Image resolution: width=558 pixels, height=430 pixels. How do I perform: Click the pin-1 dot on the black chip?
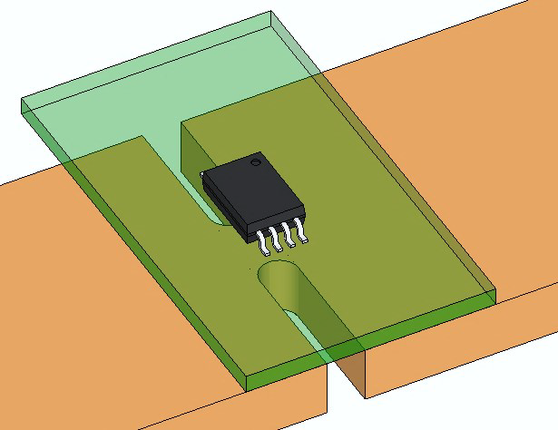pos(257,163)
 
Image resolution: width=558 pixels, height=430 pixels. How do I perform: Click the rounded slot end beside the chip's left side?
pos(215,217)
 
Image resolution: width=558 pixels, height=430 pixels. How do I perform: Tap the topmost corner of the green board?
pos(272,13)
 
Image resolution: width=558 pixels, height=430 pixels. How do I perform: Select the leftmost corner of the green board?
pos(21,104)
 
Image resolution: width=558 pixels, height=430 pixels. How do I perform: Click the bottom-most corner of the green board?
pos(248,390)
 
